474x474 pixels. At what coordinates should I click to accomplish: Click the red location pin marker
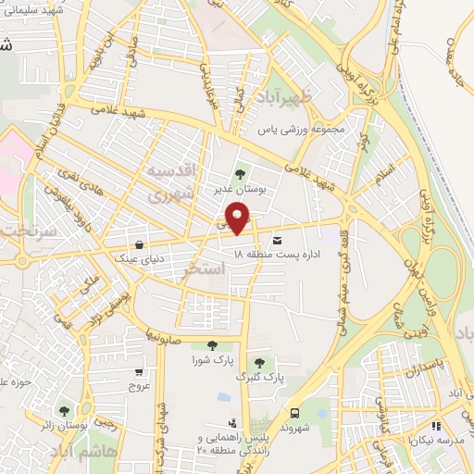[x=238, y=218]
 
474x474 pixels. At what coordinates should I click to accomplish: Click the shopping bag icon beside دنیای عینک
[x=138, y=244]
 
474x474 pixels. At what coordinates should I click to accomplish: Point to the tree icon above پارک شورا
[x=212, y=345]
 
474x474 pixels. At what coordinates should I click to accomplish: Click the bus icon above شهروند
[x=295, y=413]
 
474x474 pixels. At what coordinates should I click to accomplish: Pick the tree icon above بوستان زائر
[x=64, y=411]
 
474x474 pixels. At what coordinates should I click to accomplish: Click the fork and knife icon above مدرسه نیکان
[x=436, y=427]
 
